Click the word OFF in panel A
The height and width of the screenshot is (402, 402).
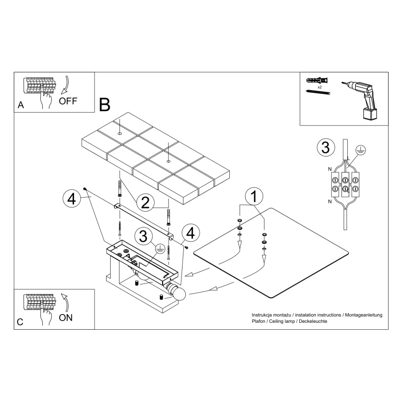(69, 101)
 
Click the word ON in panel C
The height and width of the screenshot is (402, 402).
(66, 318)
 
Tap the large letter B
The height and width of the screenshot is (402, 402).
(105, 105)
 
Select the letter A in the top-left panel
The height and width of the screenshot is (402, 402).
(20, 106)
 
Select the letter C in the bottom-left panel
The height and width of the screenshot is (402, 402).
(20, 322)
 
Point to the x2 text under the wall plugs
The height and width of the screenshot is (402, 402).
(320, 87)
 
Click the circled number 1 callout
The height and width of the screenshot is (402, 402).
(253, 196)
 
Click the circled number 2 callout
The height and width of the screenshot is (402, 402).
(145, 202)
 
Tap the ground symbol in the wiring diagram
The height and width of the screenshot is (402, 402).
(361, 150)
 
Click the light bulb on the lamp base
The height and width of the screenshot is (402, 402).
(178, 293)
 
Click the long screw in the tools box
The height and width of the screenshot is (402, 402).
(318, 93)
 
